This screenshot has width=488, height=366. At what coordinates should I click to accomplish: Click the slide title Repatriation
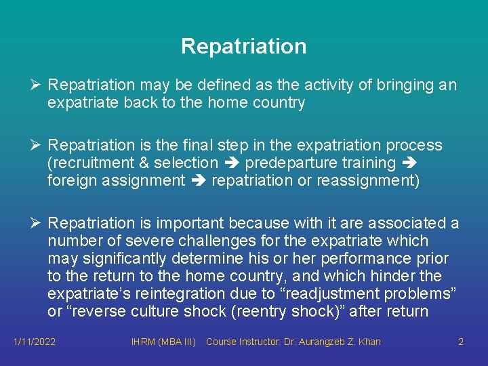click(243, 46)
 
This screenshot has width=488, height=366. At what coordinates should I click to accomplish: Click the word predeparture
click(286, 163)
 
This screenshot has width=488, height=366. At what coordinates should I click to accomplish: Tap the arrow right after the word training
click(407, 163)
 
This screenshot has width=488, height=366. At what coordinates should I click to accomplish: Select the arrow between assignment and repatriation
click(199, 180)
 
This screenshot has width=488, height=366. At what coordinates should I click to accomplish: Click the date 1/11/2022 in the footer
click(35, 342)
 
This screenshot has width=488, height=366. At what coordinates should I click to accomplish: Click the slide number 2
click(461, 342)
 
